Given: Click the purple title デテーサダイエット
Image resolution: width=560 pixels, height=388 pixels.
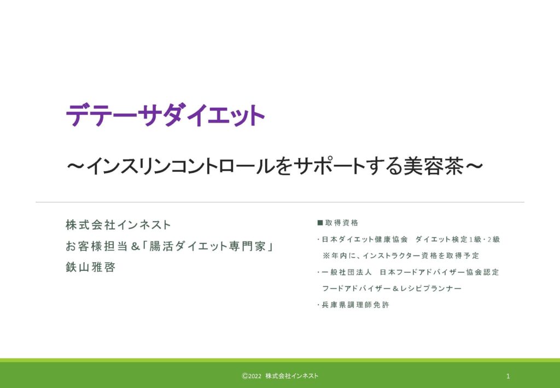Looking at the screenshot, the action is click(x=165, y=115).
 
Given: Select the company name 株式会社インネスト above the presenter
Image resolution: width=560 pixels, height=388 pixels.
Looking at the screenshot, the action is click(x=118, y=225).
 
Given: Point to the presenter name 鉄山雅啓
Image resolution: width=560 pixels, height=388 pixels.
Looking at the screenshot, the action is click(x=91, y=267).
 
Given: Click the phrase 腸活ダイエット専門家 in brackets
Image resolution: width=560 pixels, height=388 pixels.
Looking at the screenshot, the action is click(x=207, y=246).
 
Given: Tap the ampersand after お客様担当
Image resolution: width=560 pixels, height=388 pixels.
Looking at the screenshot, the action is click(x=136, y=246).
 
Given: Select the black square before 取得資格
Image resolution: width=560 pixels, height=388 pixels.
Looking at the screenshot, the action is click(x=320, y=223).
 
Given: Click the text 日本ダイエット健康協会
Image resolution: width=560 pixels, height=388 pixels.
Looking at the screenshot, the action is click(x=365, y=239).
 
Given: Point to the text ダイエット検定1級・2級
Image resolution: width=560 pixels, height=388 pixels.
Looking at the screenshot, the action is click(x=458, y=239).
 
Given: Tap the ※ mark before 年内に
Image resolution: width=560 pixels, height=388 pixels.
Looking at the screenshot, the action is click(x=326, y=256).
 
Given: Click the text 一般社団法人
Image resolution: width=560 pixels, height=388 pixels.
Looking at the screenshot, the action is click(x=346, y=272).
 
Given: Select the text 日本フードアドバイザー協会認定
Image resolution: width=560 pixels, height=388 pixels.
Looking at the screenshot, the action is click(x=439, y=272).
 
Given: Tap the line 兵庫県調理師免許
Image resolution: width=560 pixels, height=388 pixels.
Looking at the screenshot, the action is click(x=355, y=305).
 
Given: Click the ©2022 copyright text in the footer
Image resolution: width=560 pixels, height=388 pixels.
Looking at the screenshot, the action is click(x=252, y=376).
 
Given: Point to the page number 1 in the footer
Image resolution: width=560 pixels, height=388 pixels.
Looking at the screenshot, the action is click(x=508, y=376).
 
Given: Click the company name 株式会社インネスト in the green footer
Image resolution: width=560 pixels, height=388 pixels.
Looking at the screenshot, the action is click(x=292, y=376).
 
